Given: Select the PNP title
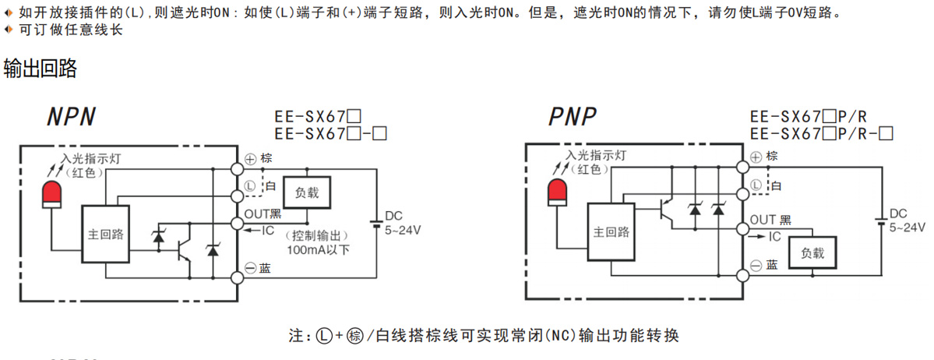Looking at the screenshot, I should coord(573,117).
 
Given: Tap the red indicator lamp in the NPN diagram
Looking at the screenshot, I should coord(53,193).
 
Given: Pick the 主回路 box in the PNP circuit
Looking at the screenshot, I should coord(611,231).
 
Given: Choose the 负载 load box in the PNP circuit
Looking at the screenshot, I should coord(811,252).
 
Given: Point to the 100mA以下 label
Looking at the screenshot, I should coord(319,250).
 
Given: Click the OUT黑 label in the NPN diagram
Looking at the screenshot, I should coord(264,214).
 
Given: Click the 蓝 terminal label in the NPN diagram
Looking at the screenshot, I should coord(266,268).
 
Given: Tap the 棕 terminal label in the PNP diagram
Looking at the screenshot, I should coord(771,156).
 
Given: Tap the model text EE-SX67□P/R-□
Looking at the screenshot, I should coord(820,134).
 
